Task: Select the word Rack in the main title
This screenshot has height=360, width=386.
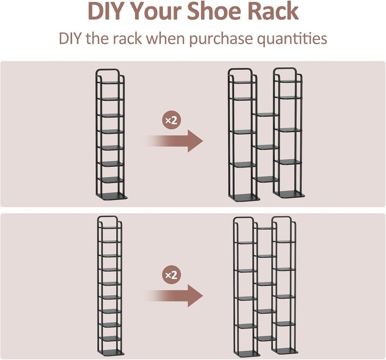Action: click(274, 11)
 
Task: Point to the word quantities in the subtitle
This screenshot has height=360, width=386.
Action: click(292, 39)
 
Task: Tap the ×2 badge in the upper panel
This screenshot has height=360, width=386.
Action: click(171, 120)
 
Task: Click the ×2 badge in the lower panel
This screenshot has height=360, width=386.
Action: click(171, 275)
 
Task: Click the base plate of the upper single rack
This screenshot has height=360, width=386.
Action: click(112, 196)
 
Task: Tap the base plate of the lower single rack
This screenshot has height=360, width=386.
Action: click(110, 352)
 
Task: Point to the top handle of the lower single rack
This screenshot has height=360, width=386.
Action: click(108, 216)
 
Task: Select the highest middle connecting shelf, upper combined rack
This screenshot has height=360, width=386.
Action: click(266, 115)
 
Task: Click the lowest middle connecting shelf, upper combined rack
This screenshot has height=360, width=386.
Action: click(266, 179)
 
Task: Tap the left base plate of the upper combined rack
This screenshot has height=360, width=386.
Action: click(244, 197)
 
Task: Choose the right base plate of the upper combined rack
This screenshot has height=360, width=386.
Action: click(289, 194)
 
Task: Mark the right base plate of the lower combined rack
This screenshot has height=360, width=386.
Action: click(285, 350)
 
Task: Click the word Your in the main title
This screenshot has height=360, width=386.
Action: click(156, 11)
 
